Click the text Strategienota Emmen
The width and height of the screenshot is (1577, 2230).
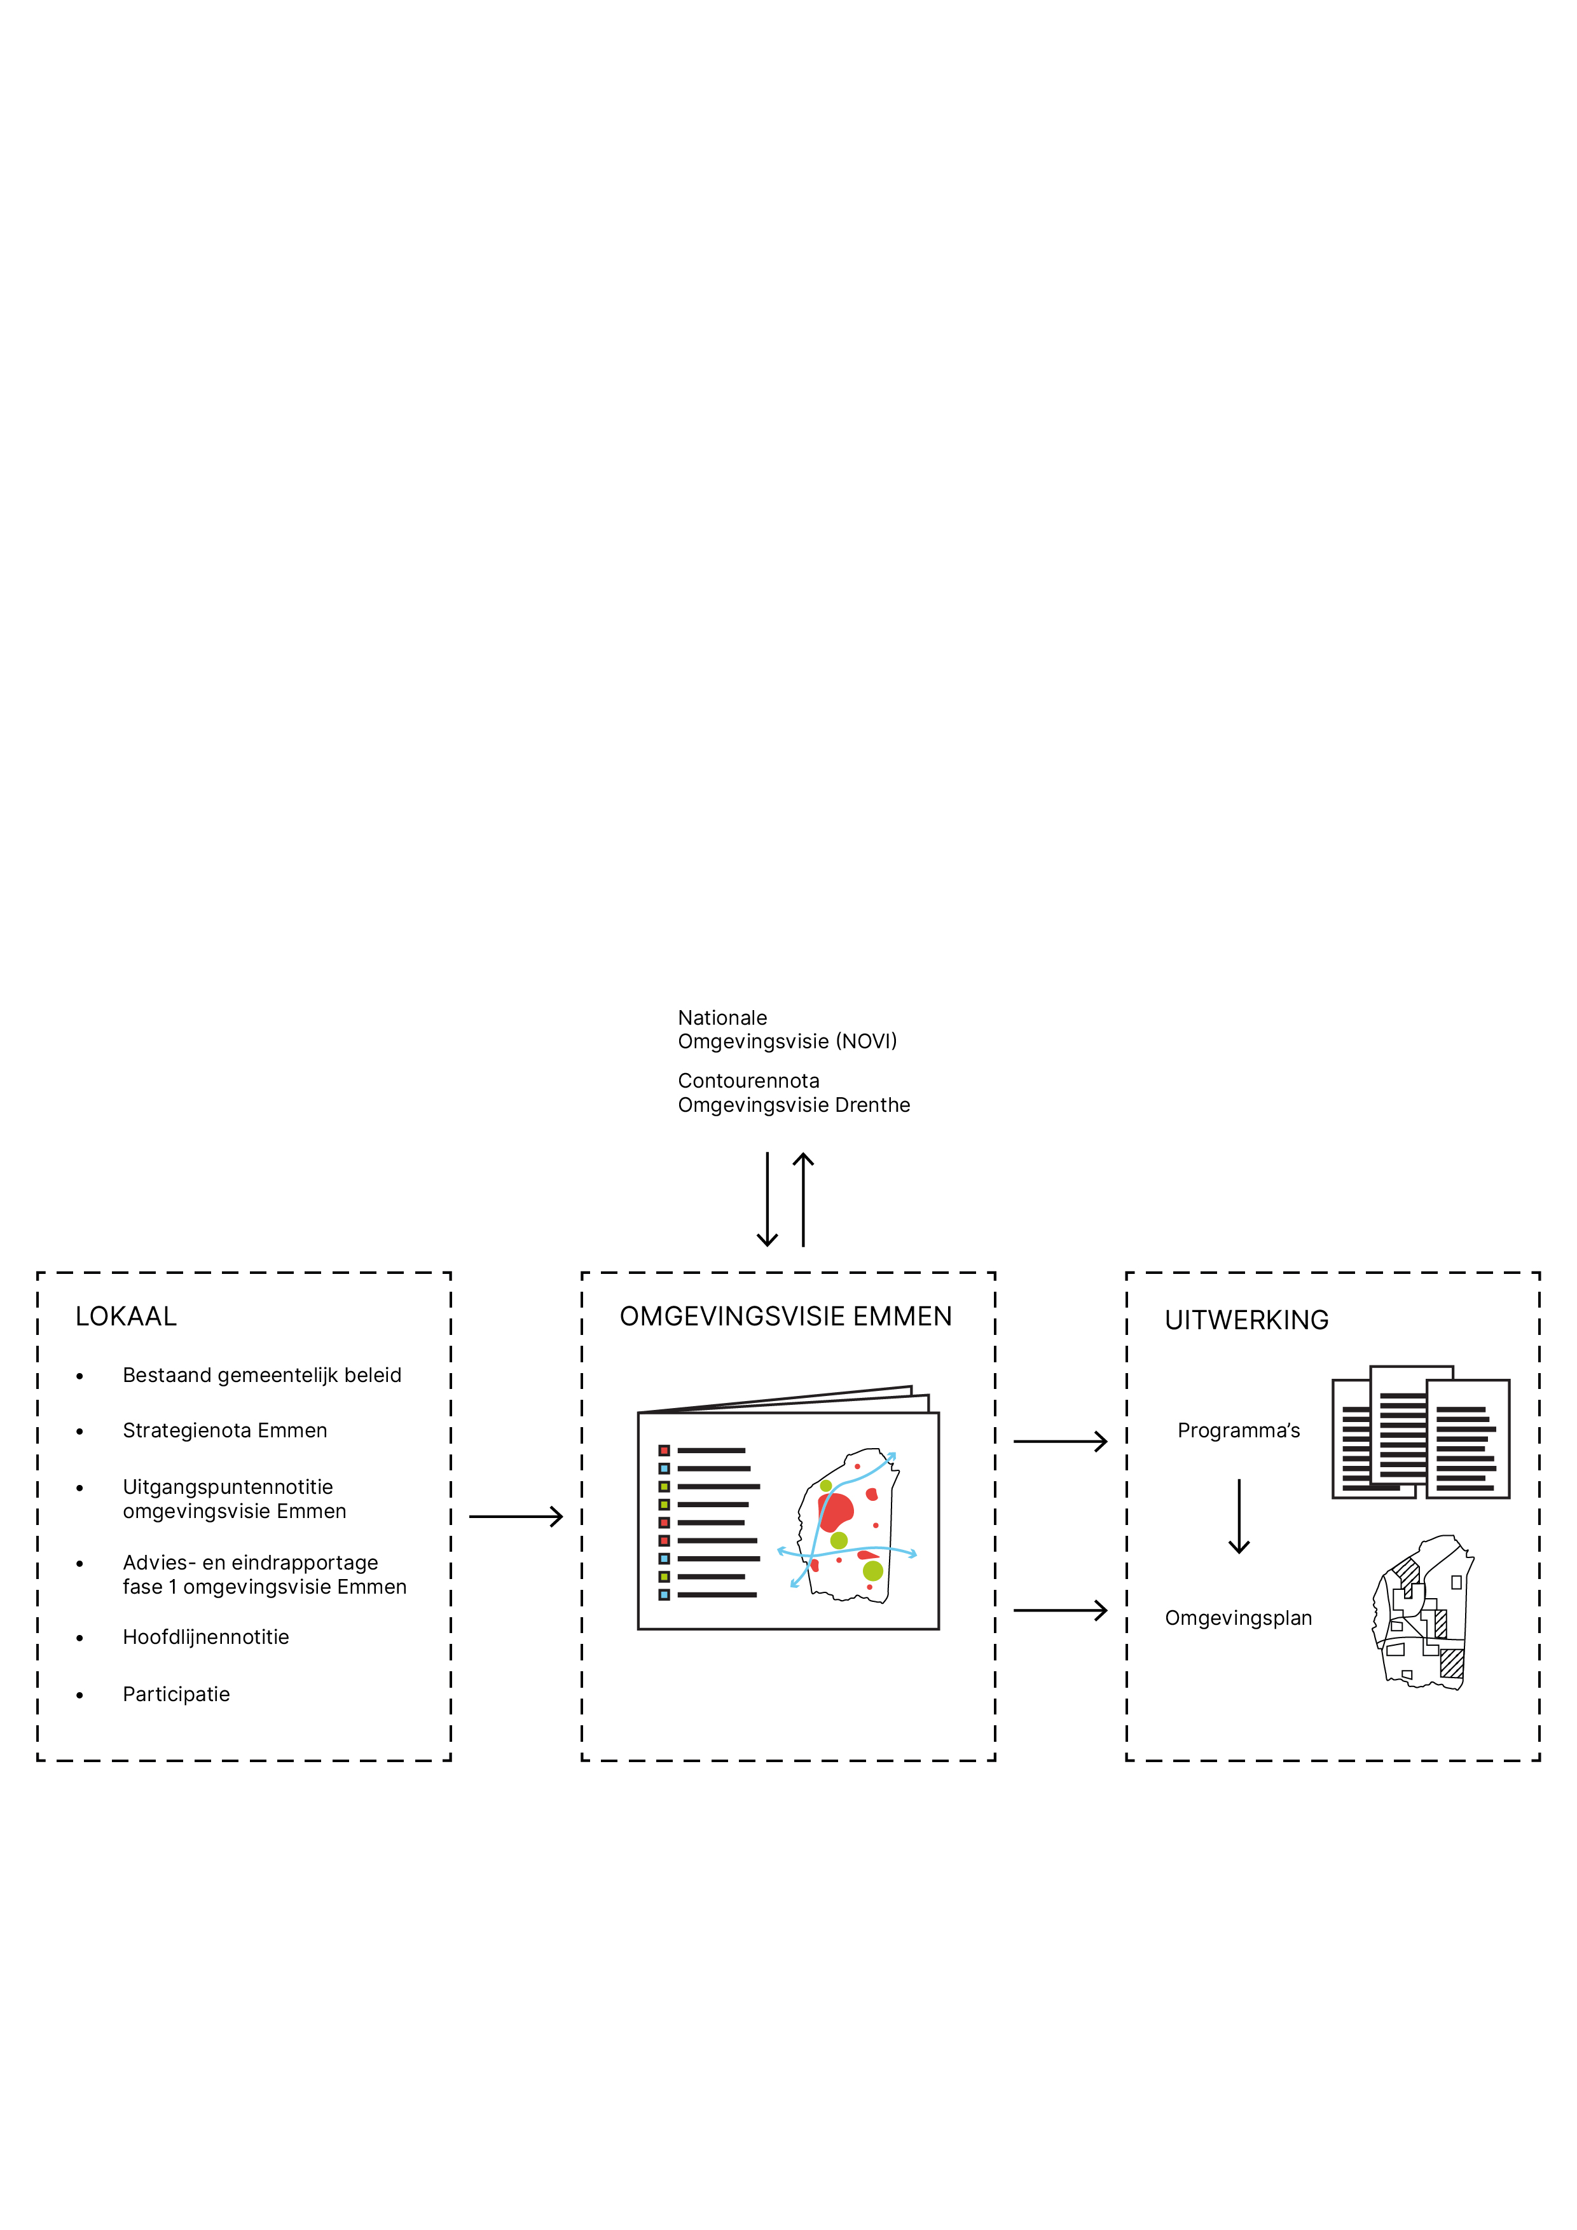point(224,1431)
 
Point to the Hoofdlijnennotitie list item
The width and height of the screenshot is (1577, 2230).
point(206,1638)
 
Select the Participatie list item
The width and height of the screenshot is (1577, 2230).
point(176,1695)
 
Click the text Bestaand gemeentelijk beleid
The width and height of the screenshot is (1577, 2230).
point(261,1375)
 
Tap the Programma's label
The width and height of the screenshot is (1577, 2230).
point(1238,1431)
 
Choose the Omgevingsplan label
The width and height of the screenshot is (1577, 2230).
point(1238,1618)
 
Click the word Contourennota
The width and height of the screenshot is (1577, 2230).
point(748,1081)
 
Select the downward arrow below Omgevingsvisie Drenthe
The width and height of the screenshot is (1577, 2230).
point(767,1200)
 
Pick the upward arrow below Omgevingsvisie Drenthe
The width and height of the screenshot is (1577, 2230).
point(802,1200)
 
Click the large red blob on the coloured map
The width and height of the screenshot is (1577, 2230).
point(835,1511)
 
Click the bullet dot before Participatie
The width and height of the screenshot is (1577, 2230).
point(79,1696)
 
